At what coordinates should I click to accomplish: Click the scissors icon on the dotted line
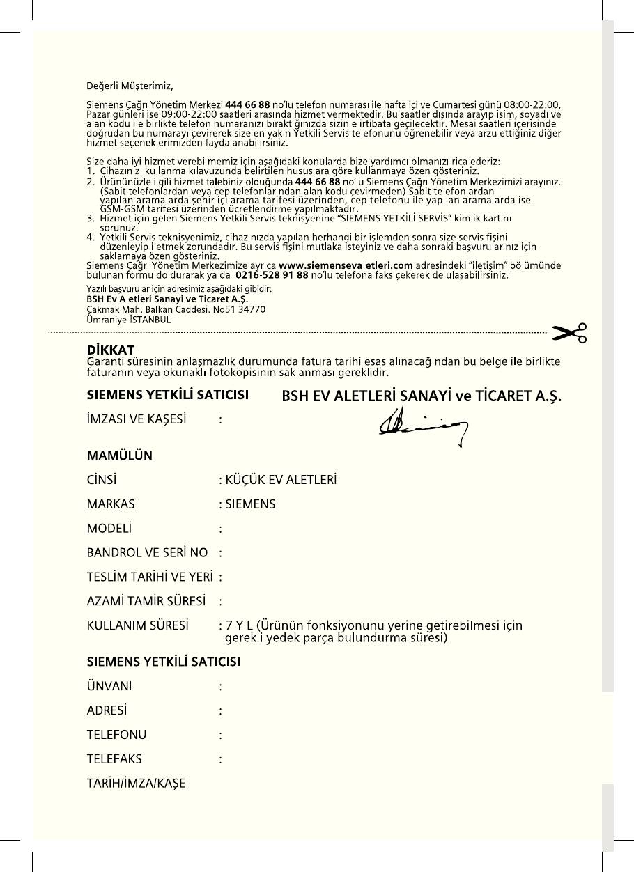(569, 334)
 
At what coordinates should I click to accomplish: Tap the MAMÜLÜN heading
(119, 456)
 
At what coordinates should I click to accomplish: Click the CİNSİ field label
(101, 480)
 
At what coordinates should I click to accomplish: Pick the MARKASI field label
(111, 504)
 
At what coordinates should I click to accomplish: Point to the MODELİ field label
(109, 528)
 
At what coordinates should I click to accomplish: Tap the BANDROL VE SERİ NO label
(147, 552)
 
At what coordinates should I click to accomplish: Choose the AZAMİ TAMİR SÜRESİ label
(146, 600)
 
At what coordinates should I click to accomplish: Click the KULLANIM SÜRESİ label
(137, 625)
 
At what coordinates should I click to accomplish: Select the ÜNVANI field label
(109, 686)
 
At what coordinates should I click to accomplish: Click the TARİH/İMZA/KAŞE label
(136, 783)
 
